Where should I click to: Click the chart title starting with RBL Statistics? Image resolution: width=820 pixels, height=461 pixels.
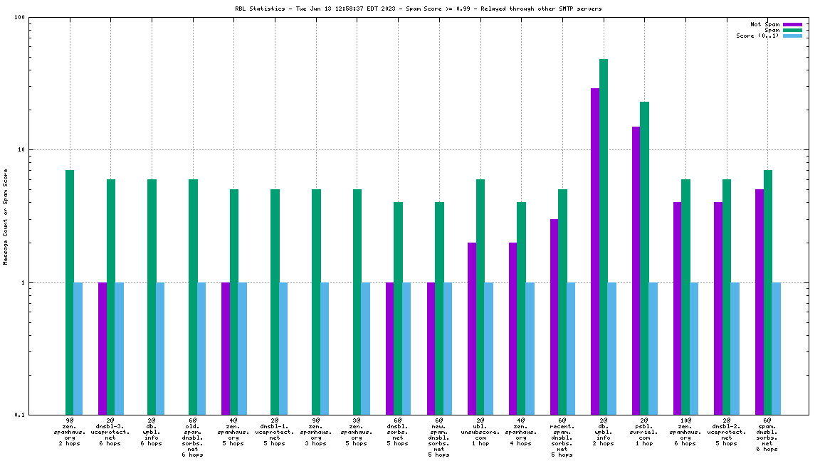click(418, 9)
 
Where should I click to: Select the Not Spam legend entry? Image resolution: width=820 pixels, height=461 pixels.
click(765, 24)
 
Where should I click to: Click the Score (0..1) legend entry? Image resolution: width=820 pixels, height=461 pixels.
click(758, 36)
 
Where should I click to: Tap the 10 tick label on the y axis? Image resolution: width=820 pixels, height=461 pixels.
click(21, 150)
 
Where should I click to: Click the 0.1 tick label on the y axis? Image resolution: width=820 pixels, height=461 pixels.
click(20, 415)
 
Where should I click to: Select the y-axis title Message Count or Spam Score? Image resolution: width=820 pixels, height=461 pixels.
click(6, 217)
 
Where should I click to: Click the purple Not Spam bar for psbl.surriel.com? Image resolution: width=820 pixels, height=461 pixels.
click(636, 270)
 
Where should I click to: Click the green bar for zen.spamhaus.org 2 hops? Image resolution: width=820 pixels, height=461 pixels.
click(70, 292)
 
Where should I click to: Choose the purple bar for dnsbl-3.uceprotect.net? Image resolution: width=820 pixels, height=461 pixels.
click(102, 348)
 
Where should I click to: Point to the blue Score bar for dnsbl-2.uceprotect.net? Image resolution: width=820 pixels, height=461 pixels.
click(735, 348)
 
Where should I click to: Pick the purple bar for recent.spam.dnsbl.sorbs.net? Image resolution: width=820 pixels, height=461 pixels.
click(554, 317)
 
